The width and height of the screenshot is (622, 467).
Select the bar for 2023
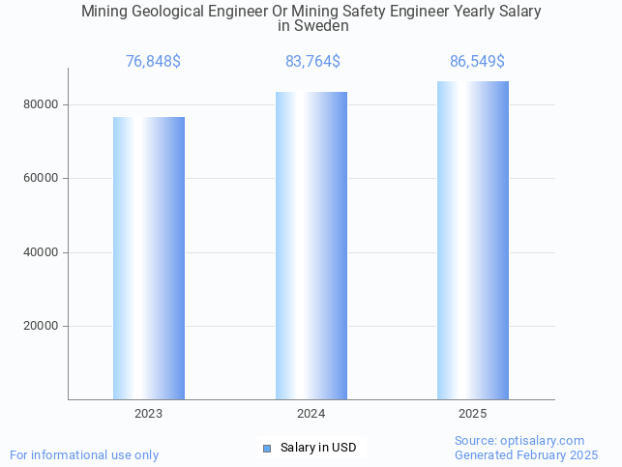pyautogui.click(x=149, y=258)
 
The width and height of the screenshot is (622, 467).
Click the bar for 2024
pyautogui.click(x=311, y=246)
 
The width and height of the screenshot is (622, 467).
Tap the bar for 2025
pyautogui.click(x=473, y=241)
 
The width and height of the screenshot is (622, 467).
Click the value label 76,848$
pyautogui.click(x=153, y=62)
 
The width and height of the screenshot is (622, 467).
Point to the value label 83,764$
pyautogui.click(x=312, y=62)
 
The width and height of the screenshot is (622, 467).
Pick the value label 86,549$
pyautogui.click(x=477, y=62)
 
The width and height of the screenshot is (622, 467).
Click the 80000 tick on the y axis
pyautogui.click(x=40, y=104)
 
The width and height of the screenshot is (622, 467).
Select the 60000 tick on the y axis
pyautogui.click(x=40, y=179)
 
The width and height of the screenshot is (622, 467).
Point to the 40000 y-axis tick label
pyautogui.click(x=40, y=252)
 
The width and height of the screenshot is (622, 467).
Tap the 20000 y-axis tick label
pyautogui.click(x=40, y=327)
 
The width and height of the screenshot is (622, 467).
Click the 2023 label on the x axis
pyautogui.click(x=149, y=414)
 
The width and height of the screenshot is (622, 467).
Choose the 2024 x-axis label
pyautogui.click(x=311, y=414)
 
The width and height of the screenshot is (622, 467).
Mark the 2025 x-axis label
pyautogui.click(x=473, y=414)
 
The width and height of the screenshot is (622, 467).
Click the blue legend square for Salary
pyautogui.click(x=267, y=448)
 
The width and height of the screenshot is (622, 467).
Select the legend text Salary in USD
pyautogui.click(x=318, y=448)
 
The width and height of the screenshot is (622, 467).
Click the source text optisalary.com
pyautogui.click(x=545, y=441)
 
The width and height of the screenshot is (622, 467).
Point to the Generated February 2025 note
pyautogui.click(x=526, y=455)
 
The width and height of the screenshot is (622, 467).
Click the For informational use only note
pyautogui.click(x=84, y=455)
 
